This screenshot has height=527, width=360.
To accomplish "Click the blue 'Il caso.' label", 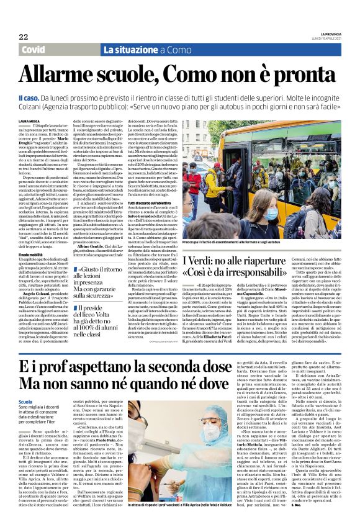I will tap(29, 97).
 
